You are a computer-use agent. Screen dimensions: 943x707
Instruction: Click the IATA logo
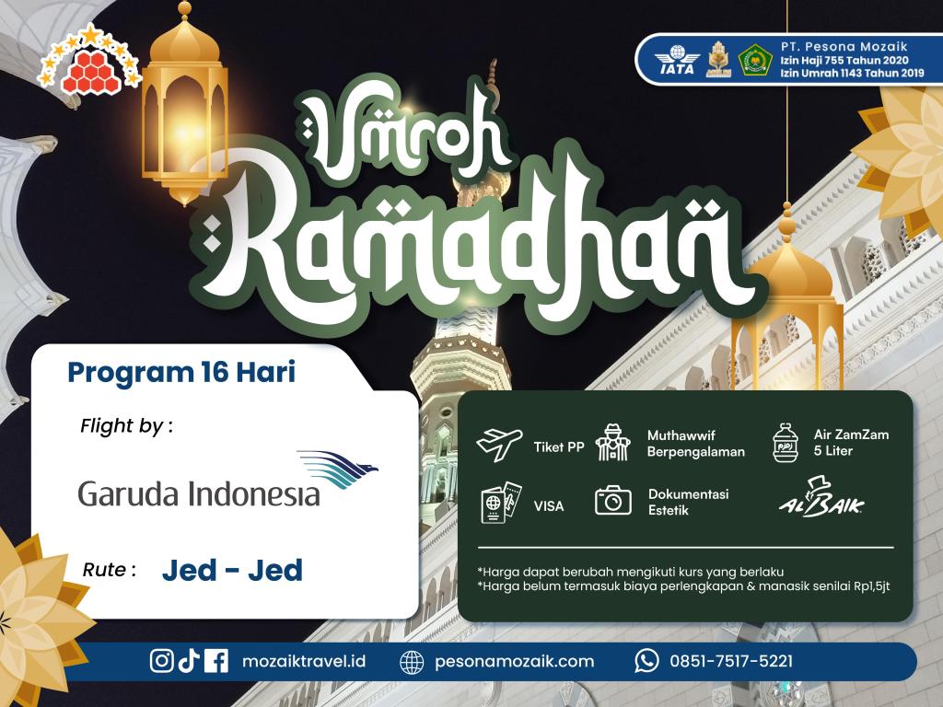677,60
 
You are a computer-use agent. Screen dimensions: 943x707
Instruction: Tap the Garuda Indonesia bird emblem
337,469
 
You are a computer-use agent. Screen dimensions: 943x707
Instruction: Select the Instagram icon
161,661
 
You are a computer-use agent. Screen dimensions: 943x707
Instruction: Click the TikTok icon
189,661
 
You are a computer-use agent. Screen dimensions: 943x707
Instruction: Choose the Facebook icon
216,661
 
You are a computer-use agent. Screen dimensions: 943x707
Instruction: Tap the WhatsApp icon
646,661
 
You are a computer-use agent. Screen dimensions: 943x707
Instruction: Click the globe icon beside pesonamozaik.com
412,662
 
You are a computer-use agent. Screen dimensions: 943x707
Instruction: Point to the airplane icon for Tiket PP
499,445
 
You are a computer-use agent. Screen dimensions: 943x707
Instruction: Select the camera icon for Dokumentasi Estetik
612,500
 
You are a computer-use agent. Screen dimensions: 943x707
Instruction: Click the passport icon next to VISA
501,502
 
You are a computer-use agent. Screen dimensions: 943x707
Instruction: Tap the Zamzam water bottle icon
786,443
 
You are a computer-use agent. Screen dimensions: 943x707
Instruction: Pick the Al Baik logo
821,497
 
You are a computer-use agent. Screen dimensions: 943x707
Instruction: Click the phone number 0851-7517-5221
731,661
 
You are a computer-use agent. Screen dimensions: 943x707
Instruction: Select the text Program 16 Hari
181,372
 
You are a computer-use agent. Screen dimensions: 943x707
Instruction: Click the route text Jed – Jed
232,570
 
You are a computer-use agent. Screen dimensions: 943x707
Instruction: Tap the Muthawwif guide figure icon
612,443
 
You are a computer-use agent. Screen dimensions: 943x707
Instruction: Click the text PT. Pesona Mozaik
844,46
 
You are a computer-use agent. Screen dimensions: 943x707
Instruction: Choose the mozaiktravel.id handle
304,661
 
